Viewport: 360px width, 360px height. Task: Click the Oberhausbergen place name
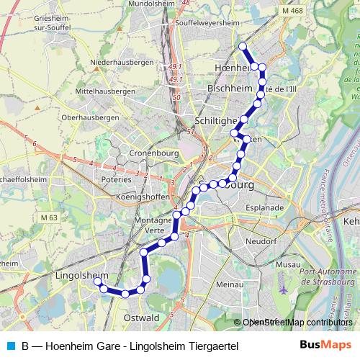[90, 117]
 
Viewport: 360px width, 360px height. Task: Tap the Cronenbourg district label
[153, 153]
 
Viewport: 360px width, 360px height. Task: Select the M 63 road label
[49, 217]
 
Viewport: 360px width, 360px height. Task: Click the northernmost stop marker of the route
[243, 47]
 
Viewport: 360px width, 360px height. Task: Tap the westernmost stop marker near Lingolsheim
[95, 282]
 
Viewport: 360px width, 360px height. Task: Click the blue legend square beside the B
[10, 346]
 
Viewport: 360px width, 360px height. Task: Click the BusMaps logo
[326, 345]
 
